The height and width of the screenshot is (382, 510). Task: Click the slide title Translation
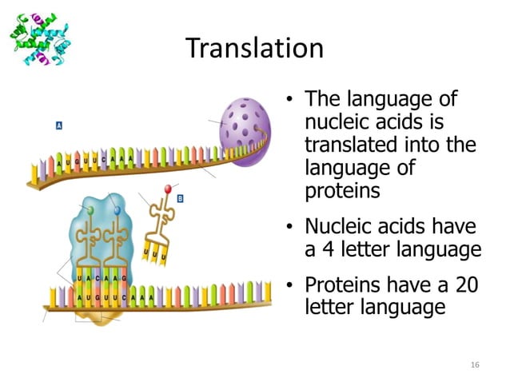coord(254,48)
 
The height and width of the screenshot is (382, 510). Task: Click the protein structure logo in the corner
coord(41,38)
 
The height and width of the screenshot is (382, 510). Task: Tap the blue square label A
coord(59,125)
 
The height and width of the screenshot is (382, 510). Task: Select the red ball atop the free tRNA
coord(167,189)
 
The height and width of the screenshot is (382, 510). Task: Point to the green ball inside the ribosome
coord(90,209)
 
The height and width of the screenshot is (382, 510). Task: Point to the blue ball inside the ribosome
coord(117,210)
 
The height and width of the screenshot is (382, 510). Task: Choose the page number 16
coord(475,364)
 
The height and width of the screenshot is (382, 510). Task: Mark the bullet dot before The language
coord(292,101)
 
